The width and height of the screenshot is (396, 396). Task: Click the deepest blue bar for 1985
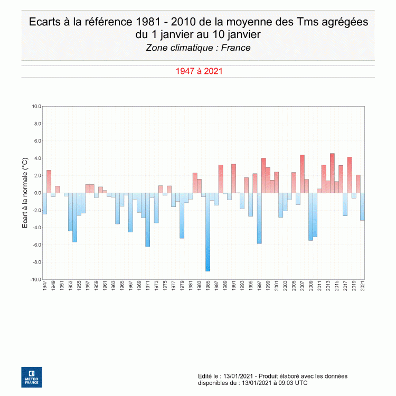tap(208, 232)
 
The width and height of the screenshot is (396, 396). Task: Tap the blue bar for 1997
tap(259, 218)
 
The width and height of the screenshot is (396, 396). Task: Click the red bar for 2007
tap(302, 174)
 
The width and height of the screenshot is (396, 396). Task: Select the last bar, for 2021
tap(362, 206)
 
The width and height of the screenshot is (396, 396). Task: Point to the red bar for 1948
tap(49, 181)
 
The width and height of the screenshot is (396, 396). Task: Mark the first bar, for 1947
tap(44, 203)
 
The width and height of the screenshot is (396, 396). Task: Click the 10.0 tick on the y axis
tap(36, 106)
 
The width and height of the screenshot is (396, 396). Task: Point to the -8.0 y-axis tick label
tap(36, 262)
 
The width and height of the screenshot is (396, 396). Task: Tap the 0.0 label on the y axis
tap(37, 193)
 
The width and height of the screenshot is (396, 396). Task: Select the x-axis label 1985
tap(208, 286)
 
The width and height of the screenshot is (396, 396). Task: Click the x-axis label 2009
tap(311, 286)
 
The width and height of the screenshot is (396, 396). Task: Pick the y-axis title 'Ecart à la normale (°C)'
tap(24, 193)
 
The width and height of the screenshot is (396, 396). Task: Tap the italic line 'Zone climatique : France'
tap(198, 48)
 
